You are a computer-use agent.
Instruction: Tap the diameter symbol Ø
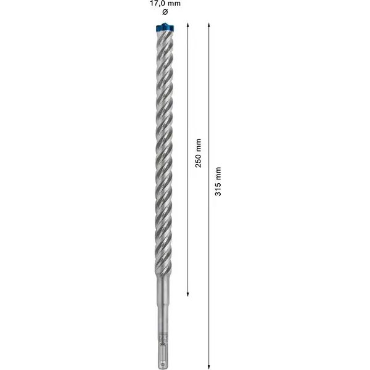[164, 14]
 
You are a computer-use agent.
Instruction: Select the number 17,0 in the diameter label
[155, 4]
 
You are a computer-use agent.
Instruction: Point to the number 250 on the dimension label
[198, 162]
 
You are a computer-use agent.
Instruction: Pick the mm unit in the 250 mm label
[198, 146]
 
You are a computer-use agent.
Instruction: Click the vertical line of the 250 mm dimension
[187, 92]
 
